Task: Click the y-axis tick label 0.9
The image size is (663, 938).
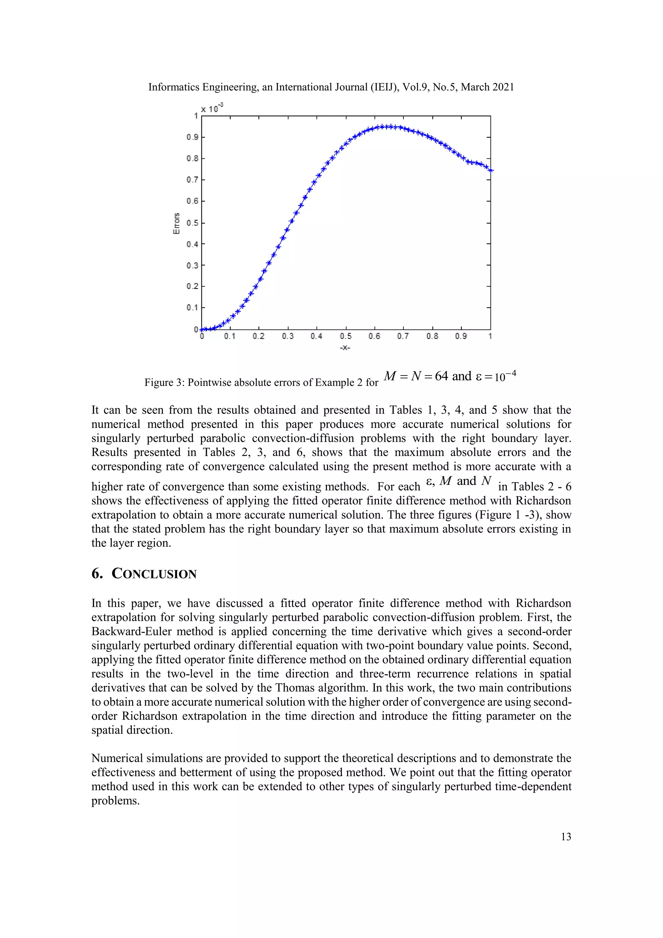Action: (192, 137)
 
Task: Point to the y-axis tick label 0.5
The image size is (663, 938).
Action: (192, 223)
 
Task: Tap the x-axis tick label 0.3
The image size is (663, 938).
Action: (287, 336)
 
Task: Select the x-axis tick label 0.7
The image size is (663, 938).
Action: (403, 336)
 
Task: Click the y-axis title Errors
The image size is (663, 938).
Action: (177, 224)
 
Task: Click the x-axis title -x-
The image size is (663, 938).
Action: (345, 348)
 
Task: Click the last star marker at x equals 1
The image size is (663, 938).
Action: (491, 170)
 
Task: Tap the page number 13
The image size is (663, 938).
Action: (566, 836)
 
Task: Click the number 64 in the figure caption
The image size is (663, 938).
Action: (441, 376)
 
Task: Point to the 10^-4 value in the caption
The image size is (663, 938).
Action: (505, 376)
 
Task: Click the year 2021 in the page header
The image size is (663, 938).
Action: (503, 87)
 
